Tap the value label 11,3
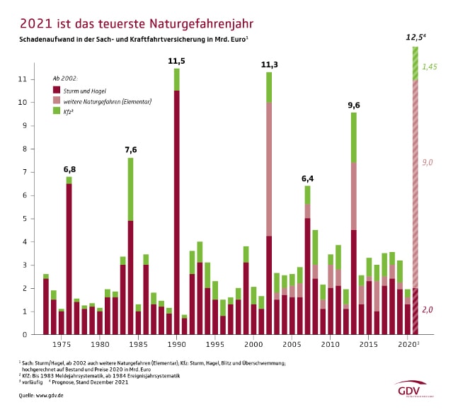(x=269, y=64)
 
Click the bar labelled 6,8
(x=69, y=256)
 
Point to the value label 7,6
(x=130, y=149)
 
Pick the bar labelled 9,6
(x=353, y=223)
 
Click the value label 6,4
(x=307, y=178)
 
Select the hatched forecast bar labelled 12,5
(x=415, y=191)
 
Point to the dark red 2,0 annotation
(x=428, y=309)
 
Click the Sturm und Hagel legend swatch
(x=56, y=90)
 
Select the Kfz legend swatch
(x=56, y=111)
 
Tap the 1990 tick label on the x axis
(x=176, y=344)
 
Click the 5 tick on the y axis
(x=25, y=219)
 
